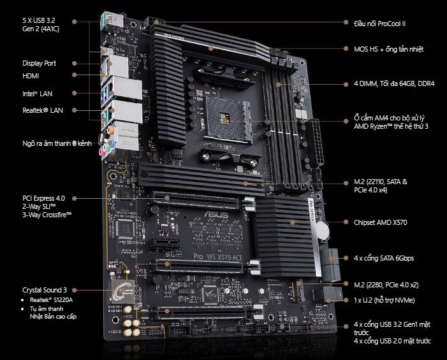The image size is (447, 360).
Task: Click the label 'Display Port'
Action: (39, 63)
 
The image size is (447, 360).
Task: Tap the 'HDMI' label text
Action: (31, 76)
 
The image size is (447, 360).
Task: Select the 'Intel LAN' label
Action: (38, 94)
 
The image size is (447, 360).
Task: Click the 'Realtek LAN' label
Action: (43, 110)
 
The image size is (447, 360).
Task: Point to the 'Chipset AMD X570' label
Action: (380, 222)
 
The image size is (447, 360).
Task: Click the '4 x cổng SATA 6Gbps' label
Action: (384, 258)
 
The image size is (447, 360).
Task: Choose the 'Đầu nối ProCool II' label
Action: (379, 24)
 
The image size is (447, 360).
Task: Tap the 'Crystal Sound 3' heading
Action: (45, 290)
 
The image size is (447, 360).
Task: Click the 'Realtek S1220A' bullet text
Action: (51, 299)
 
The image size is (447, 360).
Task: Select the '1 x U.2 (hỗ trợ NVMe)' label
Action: (385, 300)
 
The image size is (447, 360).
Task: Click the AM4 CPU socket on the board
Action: (228, 119)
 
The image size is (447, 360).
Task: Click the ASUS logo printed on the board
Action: (216, 214)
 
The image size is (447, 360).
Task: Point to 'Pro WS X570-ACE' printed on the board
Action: (218, 257)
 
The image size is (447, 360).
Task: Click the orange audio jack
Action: (110, 131)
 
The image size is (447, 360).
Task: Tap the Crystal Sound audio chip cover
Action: (123, 291)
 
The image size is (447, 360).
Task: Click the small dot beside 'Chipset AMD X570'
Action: (346, 222)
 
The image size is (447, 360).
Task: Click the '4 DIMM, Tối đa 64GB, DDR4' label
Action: (394, 83)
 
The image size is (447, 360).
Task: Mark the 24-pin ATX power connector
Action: (318, 143)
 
